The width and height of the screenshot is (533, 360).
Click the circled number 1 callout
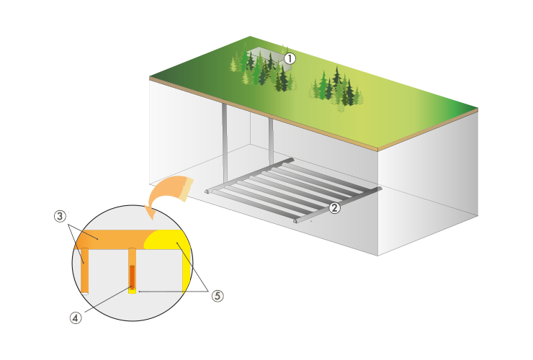pos(289,58)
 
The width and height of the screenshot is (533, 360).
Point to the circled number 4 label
pos(76,317)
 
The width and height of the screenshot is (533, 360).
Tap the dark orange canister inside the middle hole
pos(133,276)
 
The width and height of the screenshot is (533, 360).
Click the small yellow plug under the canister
pos(133,290)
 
